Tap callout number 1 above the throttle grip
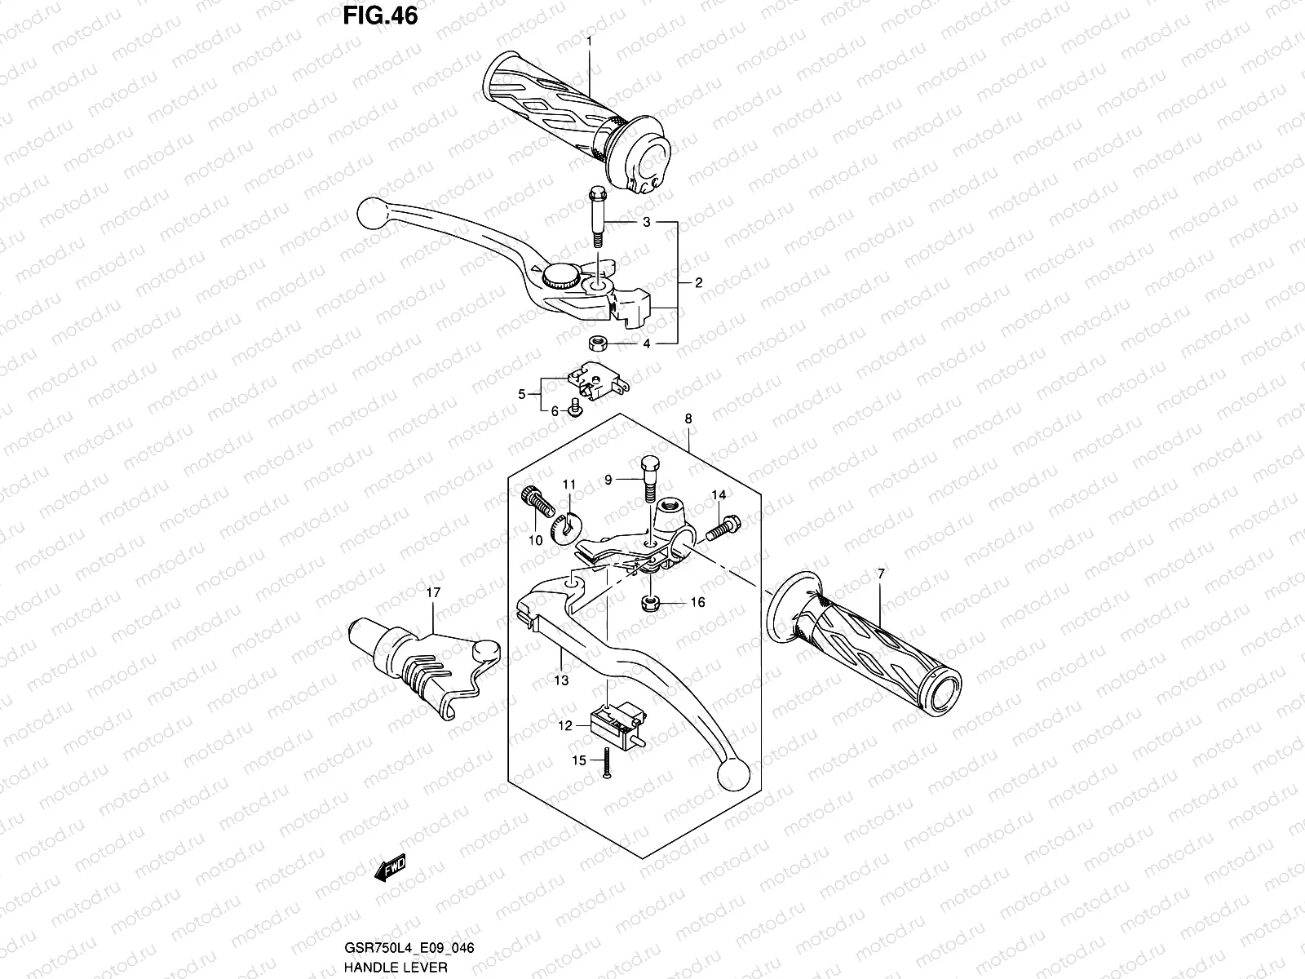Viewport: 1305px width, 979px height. coord(589,41)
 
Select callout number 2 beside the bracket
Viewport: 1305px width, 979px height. coord(698,283)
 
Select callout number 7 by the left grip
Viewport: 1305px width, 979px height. coord(881,574)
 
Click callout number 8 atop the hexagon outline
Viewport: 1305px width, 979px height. coord(688,419)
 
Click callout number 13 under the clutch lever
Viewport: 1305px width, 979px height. coord(561,680)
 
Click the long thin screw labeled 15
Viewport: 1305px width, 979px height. coord(608,761)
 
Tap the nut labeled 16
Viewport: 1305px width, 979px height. coord(651,604)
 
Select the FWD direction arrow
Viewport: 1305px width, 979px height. coord(391,868)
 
